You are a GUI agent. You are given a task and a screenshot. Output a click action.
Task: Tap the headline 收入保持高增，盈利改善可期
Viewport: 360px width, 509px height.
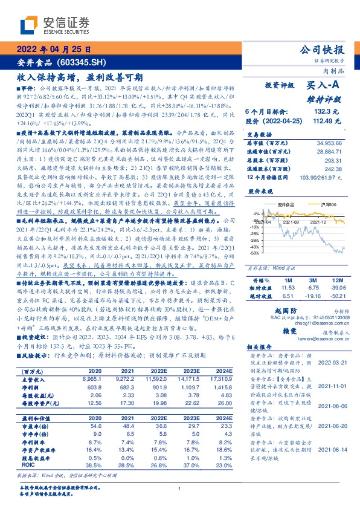[x=79, y=77]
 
